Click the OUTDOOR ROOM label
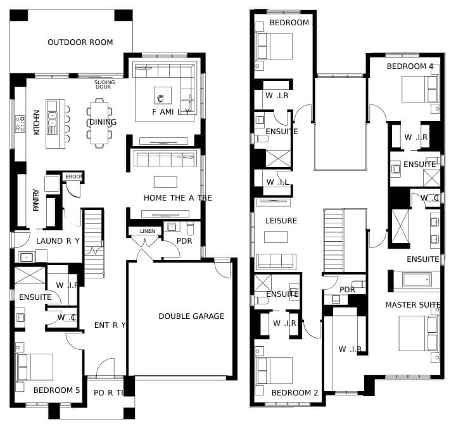80,42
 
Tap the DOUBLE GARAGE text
191,316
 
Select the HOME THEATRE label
178,198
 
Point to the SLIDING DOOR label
104,85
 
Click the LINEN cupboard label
148,231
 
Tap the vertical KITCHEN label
37,122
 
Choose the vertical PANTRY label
35,200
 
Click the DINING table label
103,122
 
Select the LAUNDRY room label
58,241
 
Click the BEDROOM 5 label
56,390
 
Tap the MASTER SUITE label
413,305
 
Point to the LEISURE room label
281,221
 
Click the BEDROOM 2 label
294,393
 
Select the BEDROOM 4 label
410,66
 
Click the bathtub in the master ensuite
417,280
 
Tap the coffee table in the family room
163,96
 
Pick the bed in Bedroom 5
35,367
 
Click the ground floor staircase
94,244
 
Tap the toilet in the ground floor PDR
190,229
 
